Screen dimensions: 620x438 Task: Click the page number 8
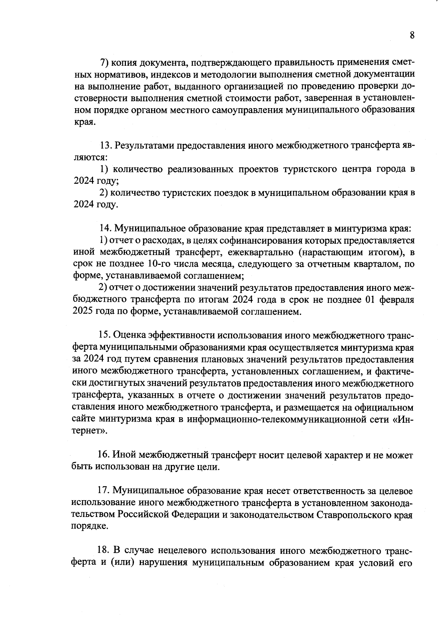click(x=412, y=35)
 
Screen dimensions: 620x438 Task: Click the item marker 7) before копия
click(x=105, y=62)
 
